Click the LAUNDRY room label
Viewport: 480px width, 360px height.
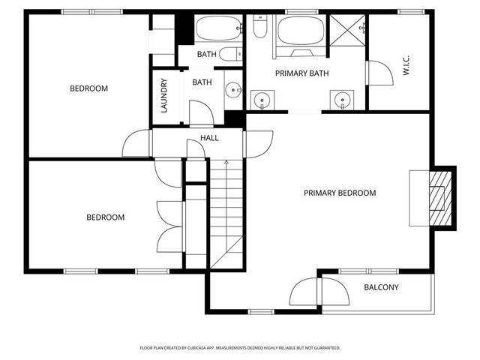[x=163, y=95]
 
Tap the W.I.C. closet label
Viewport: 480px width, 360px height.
[x=405, y=68]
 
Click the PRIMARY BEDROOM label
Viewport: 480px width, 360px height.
[x=339, y=193]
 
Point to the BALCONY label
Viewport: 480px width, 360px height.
[x=381, y=287]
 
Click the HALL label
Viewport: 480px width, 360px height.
[x=209, y=139]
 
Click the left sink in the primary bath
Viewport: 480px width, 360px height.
[x=262, y=98]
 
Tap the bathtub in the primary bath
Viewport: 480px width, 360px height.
[x=301, y=31]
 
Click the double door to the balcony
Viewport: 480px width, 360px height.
[x=320, y=292]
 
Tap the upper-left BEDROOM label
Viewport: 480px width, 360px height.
[x=88, y=88]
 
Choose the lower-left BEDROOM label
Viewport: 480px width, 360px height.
[x=105, y=217]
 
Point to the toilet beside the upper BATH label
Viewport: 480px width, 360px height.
[x=233, y=53]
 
